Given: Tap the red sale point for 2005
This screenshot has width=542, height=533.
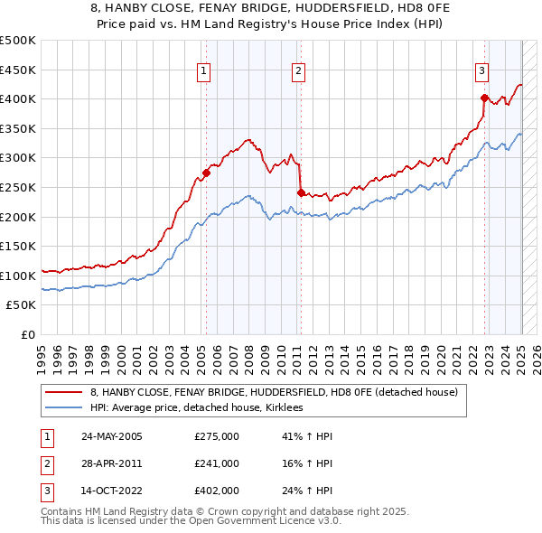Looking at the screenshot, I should [x=206, y=173].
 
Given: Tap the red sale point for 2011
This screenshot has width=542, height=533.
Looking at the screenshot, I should [x=301, y=192].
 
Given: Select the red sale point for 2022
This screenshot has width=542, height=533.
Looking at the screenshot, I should [x=485, y=98].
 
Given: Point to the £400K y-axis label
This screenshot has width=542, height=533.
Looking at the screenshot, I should [x=18, y=98].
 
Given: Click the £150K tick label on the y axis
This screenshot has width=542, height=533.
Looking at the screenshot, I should [x=18, y=246].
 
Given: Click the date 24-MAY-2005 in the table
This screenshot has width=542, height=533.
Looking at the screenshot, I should [x=112, y=436].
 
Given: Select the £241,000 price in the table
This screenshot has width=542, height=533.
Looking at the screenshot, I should [x=217, y=463].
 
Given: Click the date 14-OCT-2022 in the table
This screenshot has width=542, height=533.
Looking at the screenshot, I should [x=111, y=491].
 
